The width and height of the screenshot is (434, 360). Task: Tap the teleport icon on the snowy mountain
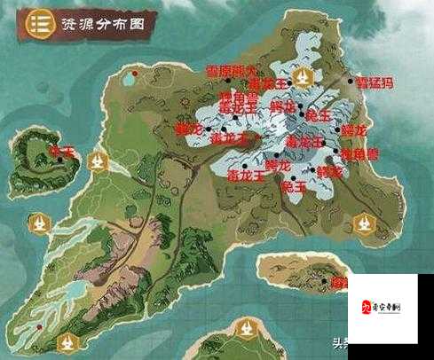click(x=304, y=79)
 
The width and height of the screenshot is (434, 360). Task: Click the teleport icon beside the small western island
click(x=98, y=162)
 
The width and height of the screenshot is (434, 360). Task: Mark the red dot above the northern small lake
click(x=131, y=63)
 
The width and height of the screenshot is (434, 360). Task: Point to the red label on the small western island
click(x=64, y=152)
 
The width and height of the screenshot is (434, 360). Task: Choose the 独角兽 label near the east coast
click(x=335, y=153)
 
